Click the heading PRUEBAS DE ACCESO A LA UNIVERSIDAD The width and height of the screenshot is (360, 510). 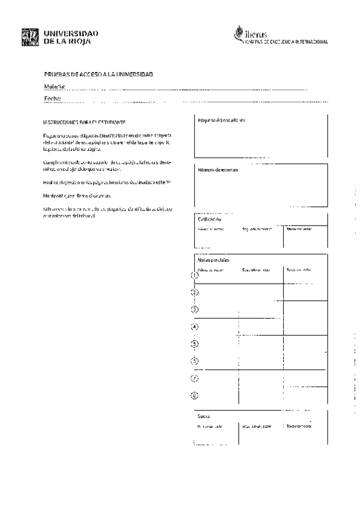[x=99, y=74]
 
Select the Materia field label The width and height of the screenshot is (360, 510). [x=53, y=87]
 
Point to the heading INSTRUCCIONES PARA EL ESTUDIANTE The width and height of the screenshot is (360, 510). [x=84, y=122]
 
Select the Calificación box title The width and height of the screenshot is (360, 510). [x=210, y=220]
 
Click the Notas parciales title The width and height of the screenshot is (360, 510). [x=213, y=259]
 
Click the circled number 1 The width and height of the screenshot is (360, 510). [x=194, y=275]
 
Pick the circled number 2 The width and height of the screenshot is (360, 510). [x=194, y=292]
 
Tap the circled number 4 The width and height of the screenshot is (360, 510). [x=194, y=327]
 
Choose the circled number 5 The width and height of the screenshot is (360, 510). [x=194, y=344]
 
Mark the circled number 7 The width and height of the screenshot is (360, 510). [x=194, y=378]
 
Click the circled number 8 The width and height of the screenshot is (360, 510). [x=194, y=396]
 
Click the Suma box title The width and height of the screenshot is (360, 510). [x=203, y=416]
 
